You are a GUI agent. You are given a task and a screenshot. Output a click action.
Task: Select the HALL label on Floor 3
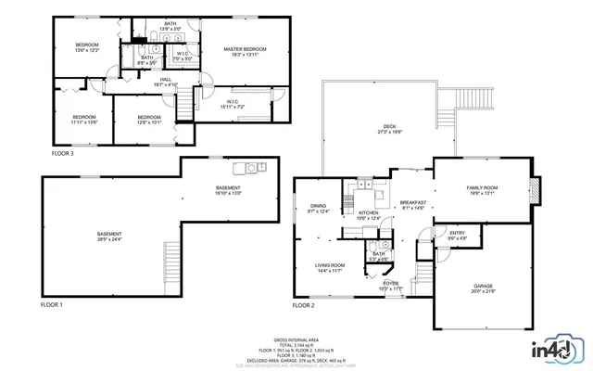[166, 82]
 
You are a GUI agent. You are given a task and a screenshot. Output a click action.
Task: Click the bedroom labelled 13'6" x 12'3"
[87, 47]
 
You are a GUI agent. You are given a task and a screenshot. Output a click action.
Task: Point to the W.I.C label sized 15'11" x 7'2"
[233, 105]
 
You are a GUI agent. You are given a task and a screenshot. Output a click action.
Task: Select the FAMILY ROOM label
[483, 191]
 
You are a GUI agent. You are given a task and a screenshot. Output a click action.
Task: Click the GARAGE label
[483, 289]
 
